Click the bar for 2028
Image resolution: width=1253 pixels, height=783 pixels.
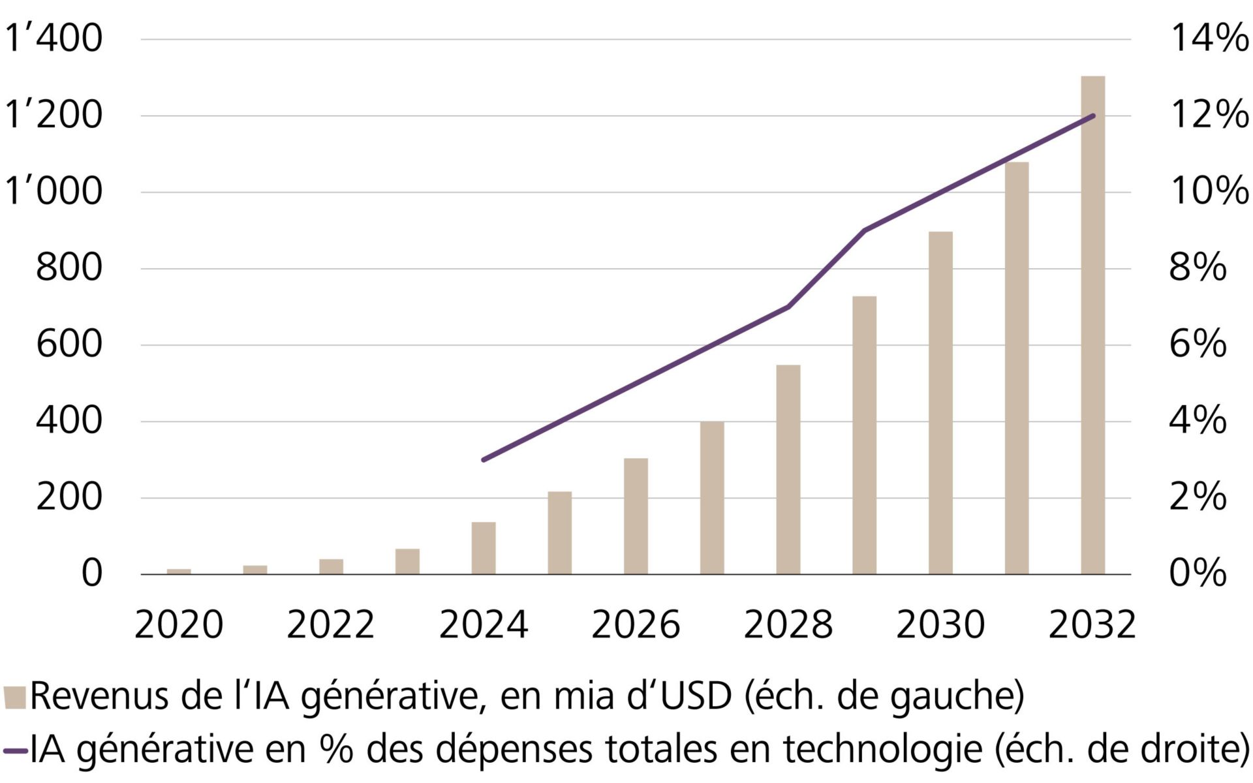pyautogui.click(x=788, y=470)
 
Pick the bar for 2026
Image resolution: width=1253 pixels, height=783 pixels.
pyautogui.click(x=636, y=516)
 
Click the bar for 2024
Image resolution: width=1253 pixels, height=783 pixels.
pyautogui.click(x=484, y=548)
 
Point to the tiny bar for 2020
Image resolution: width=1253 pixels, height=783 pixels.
pyautogui.click(x=179, y=572)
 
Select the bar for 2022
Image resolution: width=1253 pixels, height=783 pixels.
pyautogui.click(x=331, y=566)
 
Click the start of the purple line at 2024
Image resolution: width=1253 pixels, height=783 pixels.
pyautogui.click(x=484, y=460)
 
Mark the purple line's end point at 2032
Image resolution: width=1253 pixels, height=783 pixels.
pyautogui.click(x=1093, y=116)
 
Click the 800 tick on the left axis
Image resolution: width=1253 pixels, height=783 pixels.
pyautogui.click(x=69, y=268)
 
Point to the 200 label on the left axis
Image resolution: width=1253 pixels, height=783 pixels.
pyautogui.click(x=69, y=497)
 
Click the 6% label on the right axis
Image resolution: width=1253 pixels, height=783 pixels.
pyautogui.click(x=1197, y=344)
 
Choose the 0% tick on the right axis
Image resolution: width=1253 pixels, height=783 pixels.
pyautogui.click(x=1197, y=574)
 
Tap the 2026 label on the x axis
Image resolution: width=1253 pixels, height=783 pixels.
pyautogui.click(x=636, y=625)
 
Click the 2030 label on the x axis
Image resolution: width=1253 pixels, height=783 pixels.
pyautogui.click(x=940, y=625)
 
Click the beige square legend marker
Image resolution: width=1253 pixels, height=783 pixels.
pyautogui.click(x=14, y=697)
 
